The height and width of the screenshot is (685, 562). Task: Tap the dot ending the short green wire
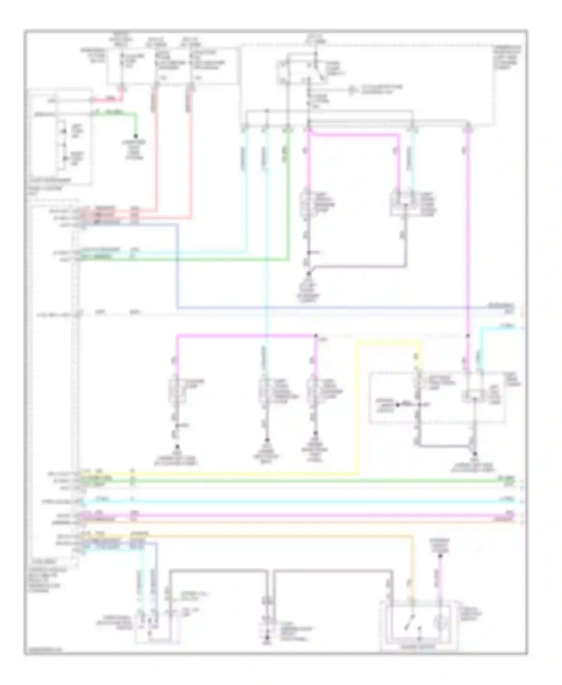coord(136,136)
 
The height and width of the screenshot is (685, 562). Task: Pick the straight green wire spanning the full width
coord(300,481)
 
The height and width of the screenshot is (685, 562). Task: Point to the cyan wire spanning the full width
coord(300,501)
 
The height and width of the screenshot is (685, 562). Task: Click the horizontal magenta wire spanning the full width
coord(300,516)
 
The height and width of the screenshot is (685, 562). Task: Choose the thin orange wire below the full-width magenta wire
coord(300,521)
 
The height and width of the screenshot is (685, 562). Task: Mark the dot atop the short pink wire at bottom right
coord(440,556)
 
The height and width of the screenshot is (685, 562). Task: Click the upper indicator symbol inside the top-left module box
coord(64,131)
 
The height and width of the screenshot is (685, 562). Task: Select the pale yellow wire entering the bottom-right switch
coord(412,570)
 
